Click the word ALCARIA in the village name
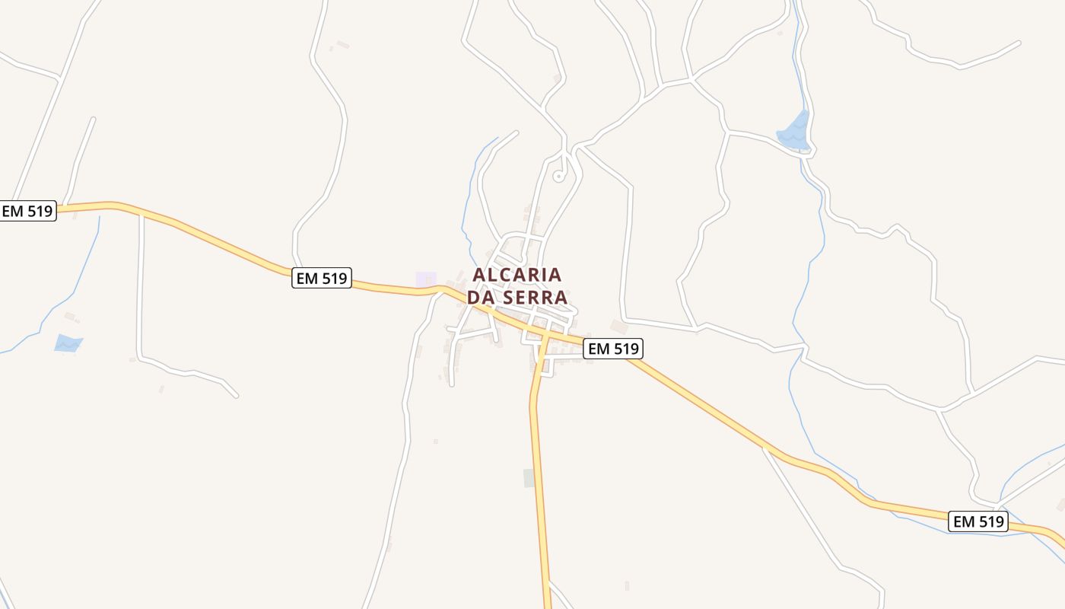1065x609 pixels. pyautogui.click(x=517, y=274)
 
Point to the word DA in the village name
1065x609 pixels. pyautogui.click(x=481, y=298)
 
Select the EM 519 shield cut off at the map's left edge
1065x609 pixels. pyautogui.click(x=27, y=211)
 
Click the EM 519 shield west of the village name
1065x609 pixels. pyautogui.click(x=322, y=279)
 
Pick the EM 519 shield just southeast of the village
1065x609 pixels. pyautogui.click(x=613, y=349)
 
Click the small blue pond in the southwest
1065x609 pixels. pyautogui.click(x=68, y=343)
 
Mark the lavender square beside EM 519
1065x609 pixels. pyautogui.click(x=426, y=280)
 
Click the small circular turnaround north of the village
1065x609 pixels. pyautogui.click(x=559, y=177)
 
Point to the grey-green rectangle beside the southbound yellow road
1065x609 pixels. pyautogui.click(x=529, y=478)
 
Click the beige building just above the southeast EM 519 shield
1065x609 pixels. pyautogui.click(x=618, y=327)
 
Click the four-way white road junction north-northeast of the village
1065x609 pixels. pyautogui.click(x=691, y=78)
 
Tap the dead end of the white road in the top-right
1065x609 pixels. pyautogui.click(x=1019, y=43)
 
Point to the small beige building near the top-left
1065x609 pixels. pyautogui.click(x=343, y=45)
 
